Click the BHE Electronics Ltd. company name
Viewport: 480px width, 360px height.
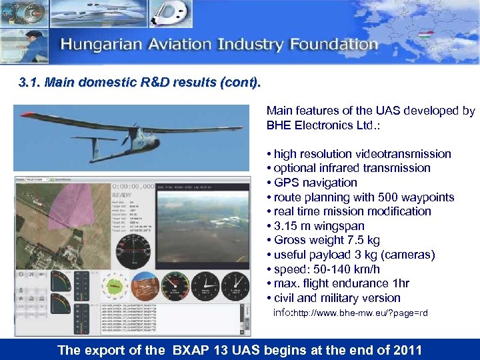(313, 125)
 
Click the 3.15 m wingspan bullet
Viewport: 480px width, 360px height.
(319, 226)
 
